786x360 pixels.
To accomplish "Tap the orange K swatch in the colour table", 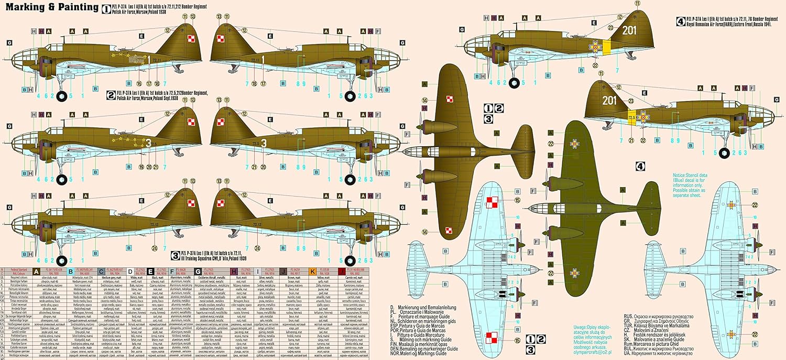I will click(313, 271).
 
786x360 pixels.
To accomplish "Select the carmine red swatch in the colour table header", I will click(341, 271).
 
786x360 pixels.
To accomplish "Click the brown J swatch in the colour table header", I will click(283, 271).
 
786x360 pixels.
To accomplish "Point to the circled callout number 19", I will click(141, 167).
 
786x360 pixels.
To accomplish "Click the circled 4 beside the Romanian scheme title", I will click(680, 22).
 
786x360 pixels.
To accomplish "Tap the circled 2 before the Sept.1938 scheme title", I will click(111, 95).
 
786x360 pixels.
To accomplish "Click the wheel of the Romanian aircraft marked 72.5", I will click(724, 152).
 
